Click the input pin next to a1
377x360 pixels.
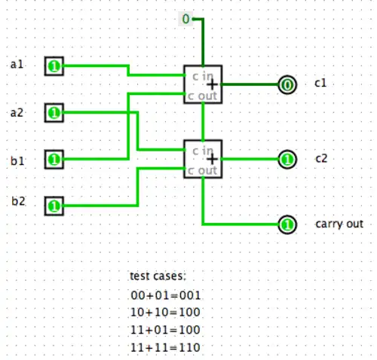(x=54, y=67)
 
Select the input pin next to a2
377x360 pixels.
(x=54, y=113)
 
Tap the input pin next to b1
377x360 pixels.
(x=54, y=160)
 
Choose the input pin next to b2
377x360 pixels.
(x=54, y=204)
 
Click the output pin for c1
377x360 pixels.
(x=287, y=84)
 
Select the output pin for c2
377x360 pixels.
(x=287, y=160)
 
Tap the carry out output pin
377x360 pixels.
(x=287, y=224)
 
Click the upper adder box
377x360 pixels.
(x=203, y=84)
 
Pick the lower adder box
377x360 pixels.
(x=203, y=159)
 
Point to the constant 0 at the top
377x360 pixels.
(x=185, y=18)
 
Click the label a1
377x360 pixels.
(x=17, y=65)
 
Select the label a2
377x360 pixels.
(x=17, y=112)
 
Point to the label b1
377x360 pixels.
(x=17, y=160)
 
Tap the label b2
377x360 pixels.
(x=17, y=200)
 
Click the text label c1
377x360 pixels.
(x=320, y=84)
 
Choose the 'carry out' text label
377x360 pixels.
(x=339, y=224)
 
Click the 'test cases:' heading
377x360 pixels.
(x=157, y=277)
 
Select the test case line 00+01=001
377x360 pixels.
(x=166, y=295)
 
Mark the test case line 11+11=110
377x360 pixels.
(x=166, y=346)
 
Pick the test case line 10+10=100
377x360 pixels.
(x=166, y=312)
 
